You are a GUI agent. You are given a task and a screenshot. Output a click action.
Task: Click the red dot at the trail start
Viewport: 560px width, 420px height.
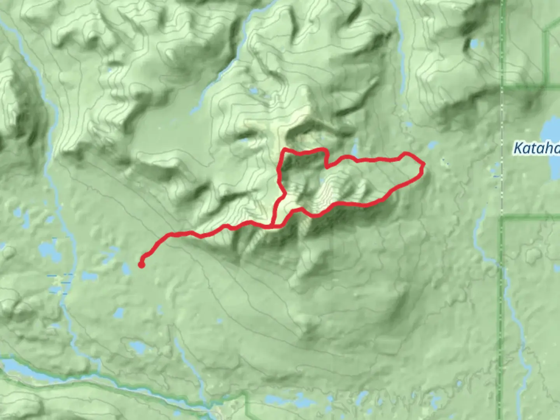point(142,265)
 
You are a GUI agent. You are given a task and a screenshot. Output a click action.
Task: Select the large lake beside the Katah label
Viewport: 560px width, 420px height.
point(551,131)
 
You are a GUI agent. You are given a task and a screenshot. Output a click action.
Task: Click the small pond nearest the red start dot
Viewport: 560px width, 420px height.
point(126,268)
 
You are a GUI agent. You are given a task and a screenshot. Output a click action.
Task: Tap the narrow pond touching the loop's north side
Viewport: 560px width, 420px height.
point(355,149)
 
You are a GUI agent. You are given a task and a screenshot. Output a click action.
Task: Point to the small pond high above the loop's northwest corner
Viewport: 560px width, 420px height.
point(254,91)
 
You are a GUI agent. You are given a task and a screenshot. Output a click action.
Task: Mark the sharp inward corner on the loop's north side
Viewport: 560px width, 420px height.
point(327,167)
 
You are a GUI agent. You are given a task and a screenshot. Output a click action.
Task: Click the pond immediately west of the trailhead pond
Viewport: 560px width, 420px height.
point(89,276)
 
